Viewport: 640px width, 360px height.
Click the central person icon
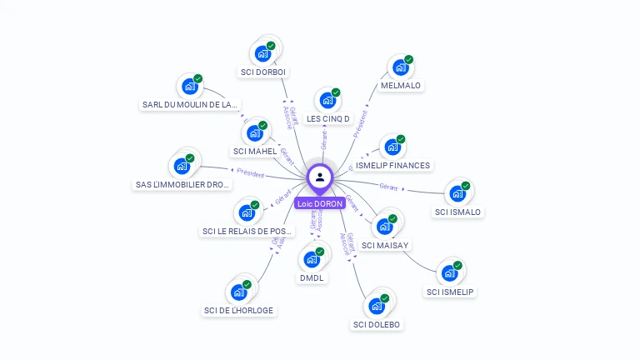pyautogui.click(x=320, y=177)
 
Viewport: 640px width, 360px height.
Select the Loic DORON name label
pyautogui.click(x=320, y=203)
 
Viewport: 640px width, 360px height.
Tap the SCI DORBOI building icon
pyautogui.click(x=263, y=54)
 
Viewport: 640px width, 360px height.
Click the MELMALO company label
pyautogui.click(x=401, y=86)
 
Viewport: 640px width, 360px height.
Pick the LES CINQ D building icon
pyautogui.click(x=327, y=101)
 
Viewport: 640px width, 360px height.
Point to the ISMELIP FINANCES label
pyautogui.click(x=392, y=166)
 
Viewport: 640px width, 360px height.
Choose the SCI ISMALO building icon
pyautogui.click(x=457, y=194)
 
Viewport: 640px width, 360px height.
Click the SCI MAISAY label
pyautogui.click(x=385, y=245)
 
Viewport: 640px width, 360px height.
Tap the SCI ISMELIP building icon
pyautogui.click(x=450, y=273)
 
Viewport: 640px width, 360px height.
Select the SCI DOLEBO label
pyautogui.click(x=377, y=324)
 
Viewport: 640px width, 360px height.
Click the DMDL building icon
pyautogui.click(x=312, y=259)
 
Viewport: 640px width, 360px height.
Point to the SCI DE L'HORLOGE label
pyautogui.click(x=238, y=311)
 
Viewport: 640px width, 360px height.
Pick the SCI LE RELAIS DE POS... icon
pyautogui.click(x=247, y=213)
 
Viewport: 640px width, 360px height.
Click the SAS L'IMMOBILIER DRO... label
pyautogui.click(x=182, y=184)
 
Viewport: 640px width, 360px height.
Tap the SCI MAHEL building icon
pyautogui.click(x=255, y=133)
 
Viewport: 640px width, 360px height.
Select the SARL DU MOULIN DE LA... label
pyautogui.click(x=190, y=105)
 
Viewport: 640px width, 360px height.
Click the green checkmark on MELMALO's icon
pyautogui.click(x=409, y=60)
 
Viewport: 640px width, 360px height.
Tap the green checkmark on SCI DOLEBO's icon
pyautogui.click(x=385, y=298)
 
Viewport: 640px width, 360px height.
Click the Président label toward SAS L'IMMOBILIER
pyautogui.click(x=250, y=173)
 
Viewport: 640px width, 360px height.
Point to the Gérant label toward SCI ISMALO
pyautogui.click(x=389, y=186)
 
